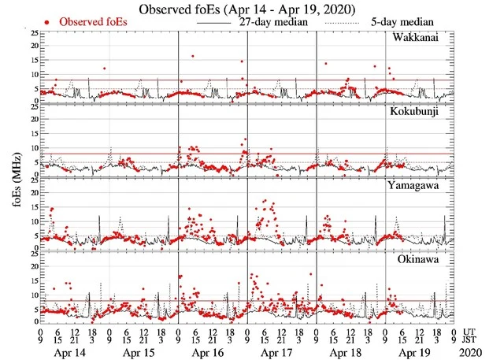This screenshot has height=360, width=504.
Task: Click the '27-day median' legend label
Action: pos(270,23)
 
